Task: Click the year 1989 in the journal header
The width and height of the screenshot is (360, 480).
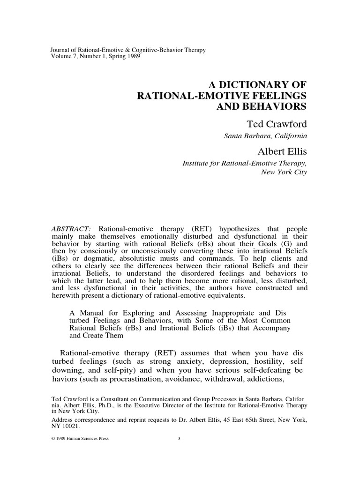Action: coord(131,57)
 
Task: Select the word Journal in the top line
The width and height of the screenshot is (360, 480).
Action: coord(61,50)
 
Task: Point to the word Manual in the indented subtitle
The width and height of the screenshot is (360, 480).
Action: coord(93,312)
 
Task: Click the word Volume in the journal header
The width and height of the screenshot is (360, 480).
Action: coord(61,57)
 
